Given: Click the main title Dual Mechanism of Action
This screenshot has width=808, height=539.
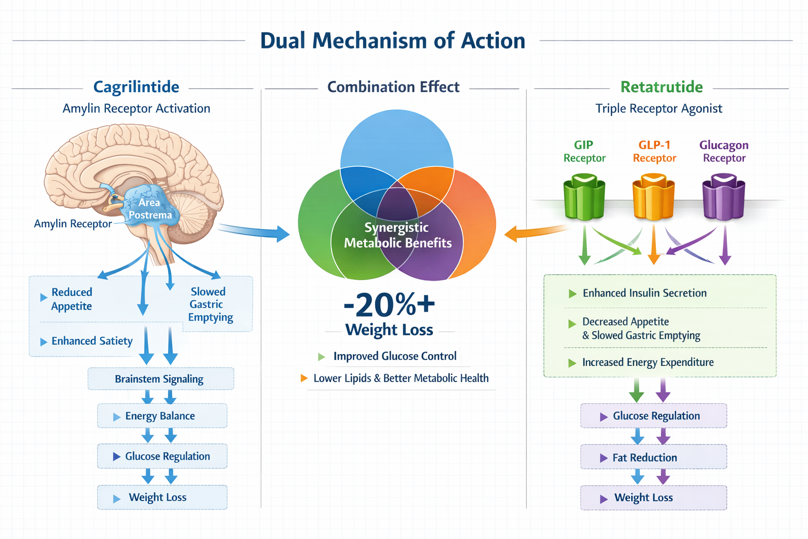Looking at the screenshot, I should [x=392, y=41].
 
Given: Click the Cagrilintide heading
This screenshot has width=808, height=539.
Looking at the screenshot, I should [x=136, y=87].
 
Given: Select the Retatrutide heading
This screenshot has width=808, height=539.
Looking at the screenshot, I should [x=661, y=87].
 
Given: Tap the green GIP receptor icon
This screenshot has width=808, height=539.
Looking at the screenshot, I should [x=584, y=198].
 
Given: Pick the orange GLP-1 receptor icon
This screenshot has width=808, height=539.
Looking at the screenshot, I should [x=653, y=198].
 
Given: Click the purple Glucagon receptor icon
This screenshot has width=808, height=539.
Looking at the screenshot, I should [x=724, y=198].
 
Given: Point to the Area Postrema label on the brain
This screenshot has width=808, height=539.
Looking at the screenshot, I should [x=150, y=209].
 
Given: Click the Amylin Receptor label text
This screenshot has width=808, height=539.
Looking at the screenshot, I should [x=73, y=224].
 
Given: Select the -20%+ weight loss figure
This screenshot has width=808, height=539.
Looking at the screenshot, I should [x=389, y=305].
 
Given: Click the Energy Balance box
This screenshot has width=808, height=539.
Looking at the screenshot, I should [x=162, y=416].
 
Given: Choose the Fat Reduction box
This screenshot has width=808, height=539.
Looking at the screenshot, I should [x=653, y=457].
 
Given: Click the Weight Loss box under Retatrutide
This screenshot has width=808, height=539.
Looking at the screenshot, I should [x=653, y=497].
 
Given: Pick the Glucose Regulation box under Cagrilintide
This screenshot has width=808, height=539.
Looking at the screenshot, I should [x=162, y=456].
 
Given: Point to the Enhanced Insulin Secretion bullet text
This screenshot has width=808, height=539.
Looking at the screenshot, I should [x=644, y=293].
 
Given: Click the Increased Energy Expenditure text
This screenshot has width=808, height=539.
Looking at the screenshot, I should [x=648, y=362].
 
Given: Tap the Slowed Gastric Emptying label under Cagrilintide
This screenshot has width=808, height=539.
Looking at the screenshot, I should [x=210, y=304].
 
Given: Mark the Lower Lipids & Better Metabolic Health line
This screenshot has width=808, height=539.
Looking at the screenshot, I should [x=400, y=378].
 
